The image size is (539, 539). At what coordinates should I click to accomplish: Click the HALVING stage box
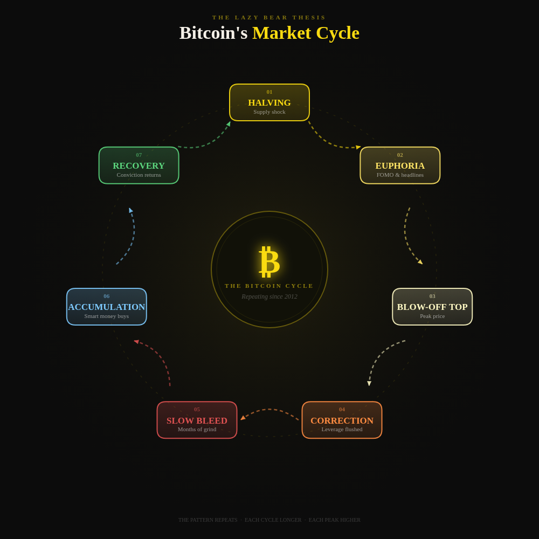tap(269, 102)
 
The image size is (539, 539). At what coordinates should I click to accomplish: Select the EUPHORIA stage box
tap(400, 165)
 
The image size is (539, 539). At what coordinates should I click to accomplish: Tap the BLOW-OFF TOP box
tap(432, 307)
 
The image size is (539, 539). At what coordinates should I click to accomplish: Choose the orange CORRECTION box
tap(342, 420)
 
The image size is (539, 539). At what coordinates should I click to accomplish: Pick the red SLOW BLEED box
tap(197, 420)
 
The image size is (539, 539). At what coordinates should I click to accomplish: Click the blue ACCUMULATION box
tap(107, 307)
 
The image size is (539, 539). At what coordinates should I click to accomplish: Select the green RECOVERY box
tap(139, 165)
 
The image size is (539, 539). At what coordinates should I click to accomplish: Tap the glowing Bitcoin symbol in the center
tap(269, 261)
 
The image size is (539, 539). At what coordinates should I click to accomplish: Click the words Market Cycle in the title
tap(306, 33)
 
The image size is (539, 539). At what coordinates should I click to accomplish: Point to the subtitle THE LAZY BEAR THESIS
tap(269, 17)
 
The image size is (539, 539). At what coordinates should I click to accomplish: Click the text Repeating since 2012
tap(269, 296)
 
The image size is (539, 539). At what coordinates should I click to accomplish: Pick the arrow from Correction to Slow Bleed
tap(269, 410)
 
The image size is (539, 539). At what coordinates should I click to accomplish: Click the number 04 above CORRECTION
tap(342, 410)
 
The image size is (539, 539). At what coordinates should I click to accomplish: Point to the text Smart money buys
tap(107, 316)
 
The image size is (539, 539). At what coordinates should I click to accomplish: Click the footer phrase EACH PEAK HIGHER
tap(334, 520)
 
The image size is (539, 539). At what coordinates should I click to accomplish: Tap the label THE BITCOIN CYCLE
tap(269, 286)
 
